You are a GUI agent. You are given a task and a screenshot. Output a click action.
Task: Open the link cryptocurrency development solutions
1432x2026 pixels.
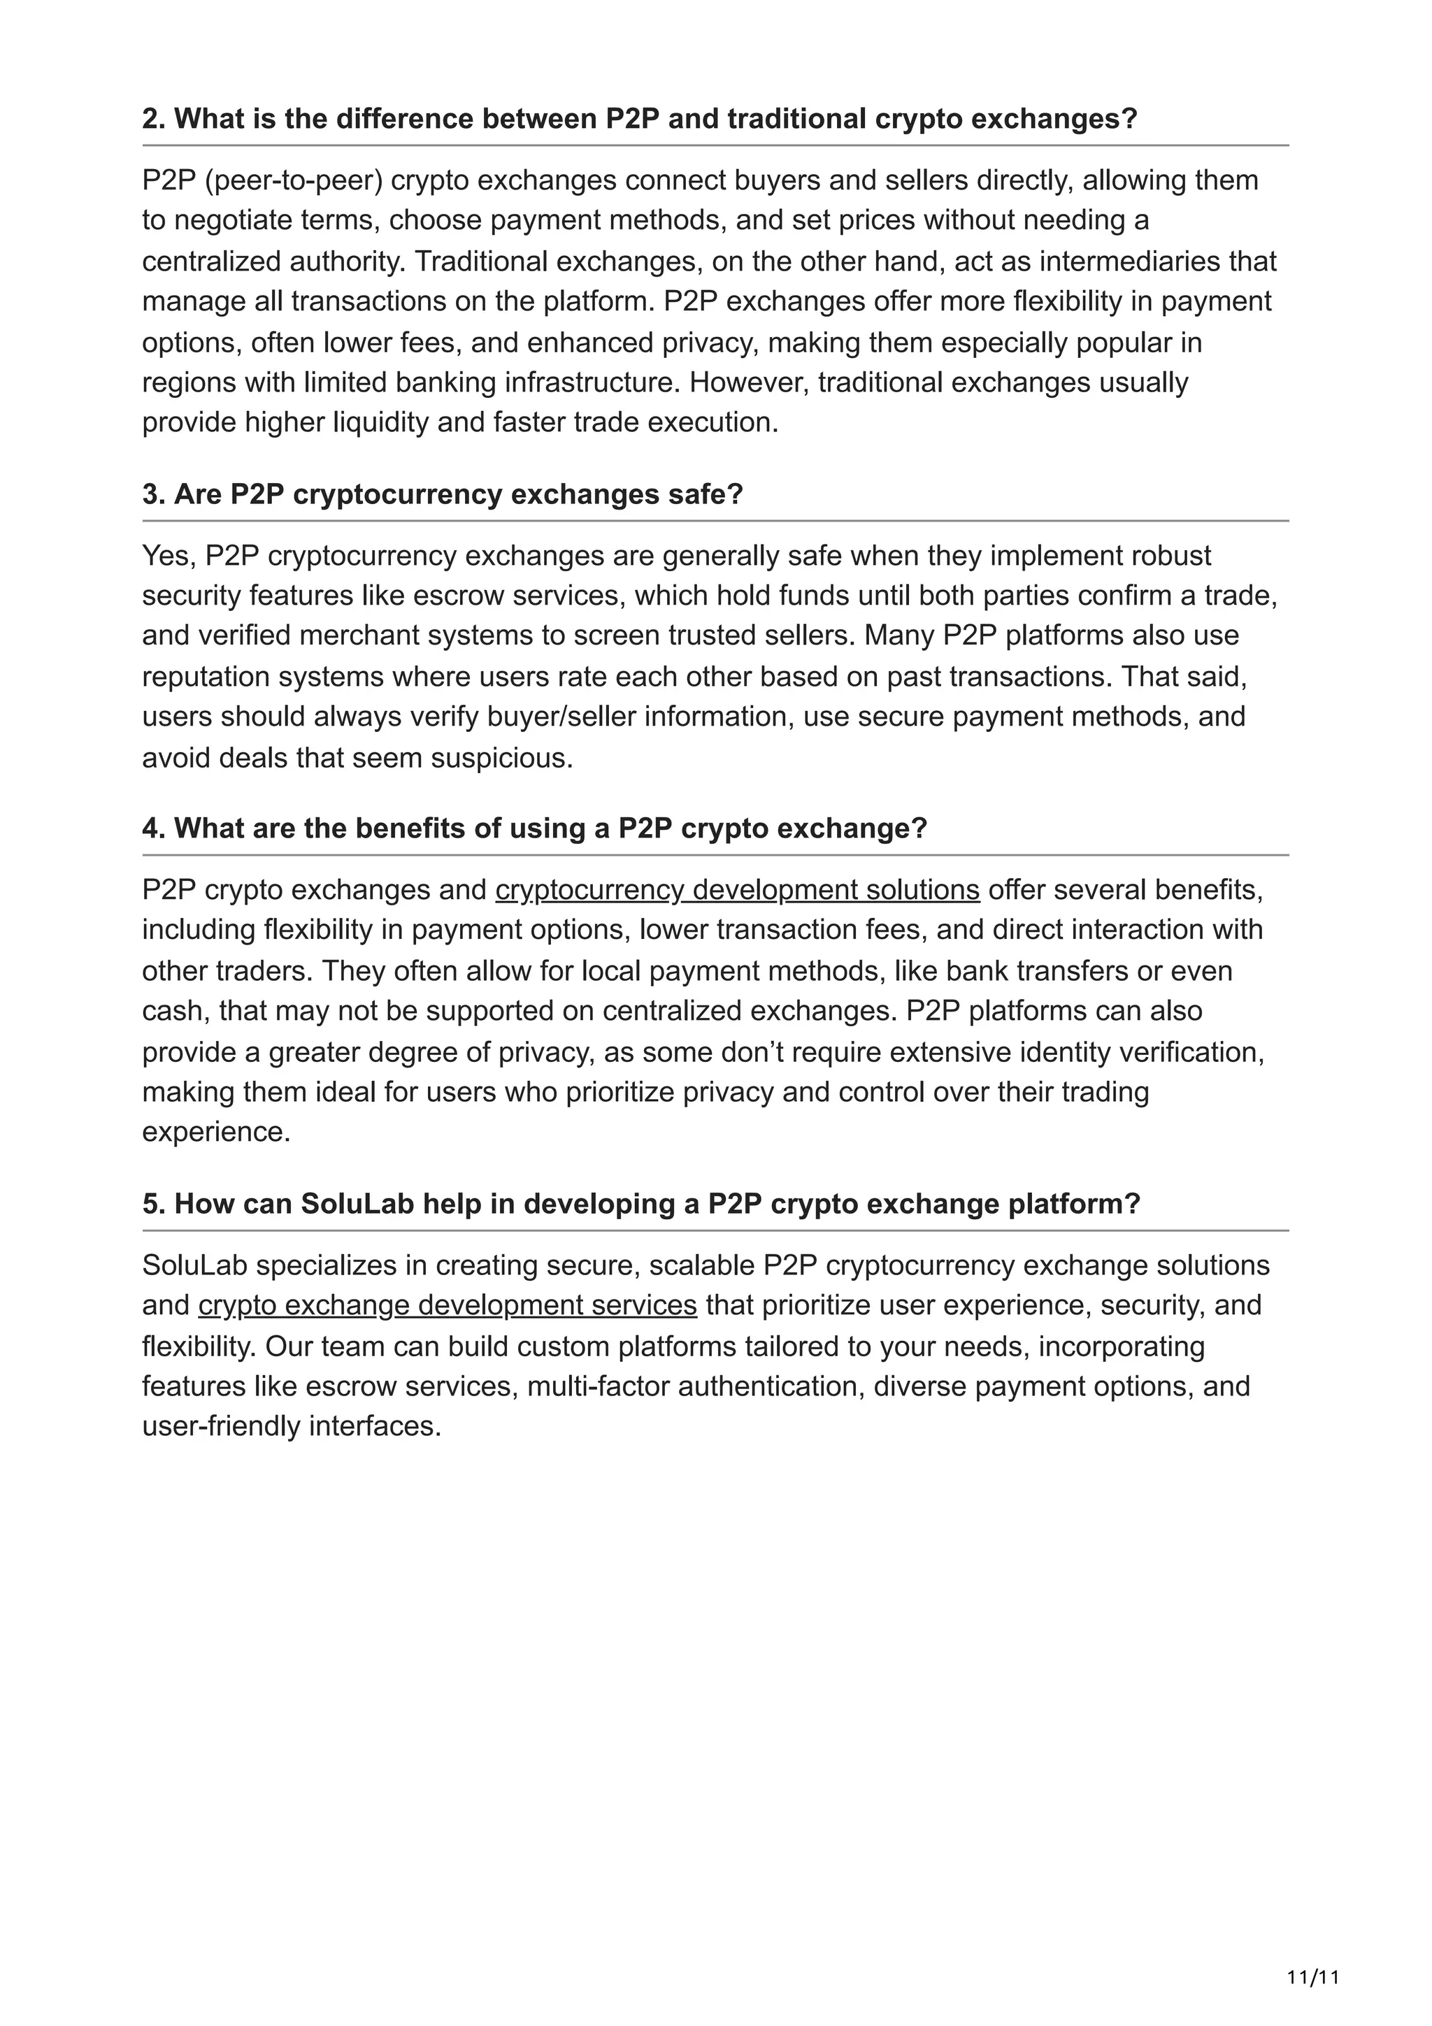click(737, 889)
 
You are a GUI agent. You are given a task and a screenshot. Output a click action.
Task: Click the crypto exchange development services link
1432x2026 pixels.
click(447, 1305)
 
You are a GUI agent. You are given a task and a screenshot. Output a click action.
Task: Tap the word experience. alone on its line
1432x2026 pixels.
click(216, 1131)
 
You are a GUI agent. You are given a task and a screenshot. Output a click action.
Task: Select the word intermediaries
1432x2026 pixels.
click(1132, 261)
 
